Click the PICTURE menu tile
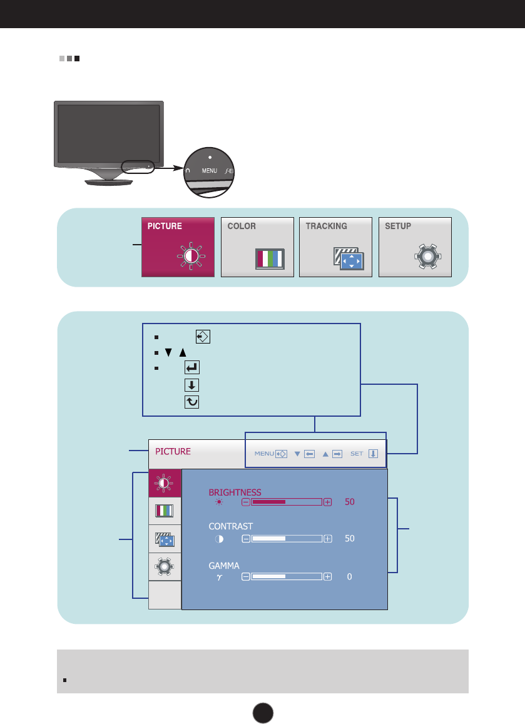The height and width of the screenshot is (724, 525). (x=178, y=247)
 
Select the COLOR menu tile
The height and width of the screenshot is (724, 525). (x=257, y=247)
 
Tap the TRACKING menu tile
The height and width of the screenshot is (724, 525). (x=335, y=247)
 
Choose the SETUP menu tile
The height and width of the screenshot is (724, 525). (x=415, y=247)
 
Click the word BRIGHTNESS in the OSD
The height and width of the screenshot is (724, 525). (x=235, y=492)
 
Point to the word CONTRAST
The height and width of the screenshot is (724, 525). (x=231, y=526)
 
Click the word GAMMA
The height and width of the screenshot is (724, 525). (x=224, y=565)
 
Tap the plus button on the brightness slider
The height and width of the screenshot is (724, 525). (x=328, y=502)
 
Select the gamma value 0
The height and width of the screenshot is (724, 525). (x=349, y=576)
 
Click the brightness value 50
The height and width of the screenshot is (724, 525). (x=349, y=502)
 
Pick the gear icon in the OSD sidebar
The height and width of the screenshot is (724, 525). (x=165, y=566)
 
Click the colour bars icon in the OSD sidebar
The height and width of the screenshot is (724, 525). (x=165, y=511)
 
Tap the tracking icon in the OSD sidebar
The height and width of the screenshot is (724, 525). (x=165, y=539)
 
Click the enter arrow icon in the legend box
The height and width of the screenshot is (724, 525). (x=191, y=369)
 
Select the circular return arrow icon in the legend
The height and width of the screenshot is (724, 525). (x=191, y=402)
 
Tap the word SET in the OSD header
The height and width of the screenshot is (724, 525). (x=357, y=454)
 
